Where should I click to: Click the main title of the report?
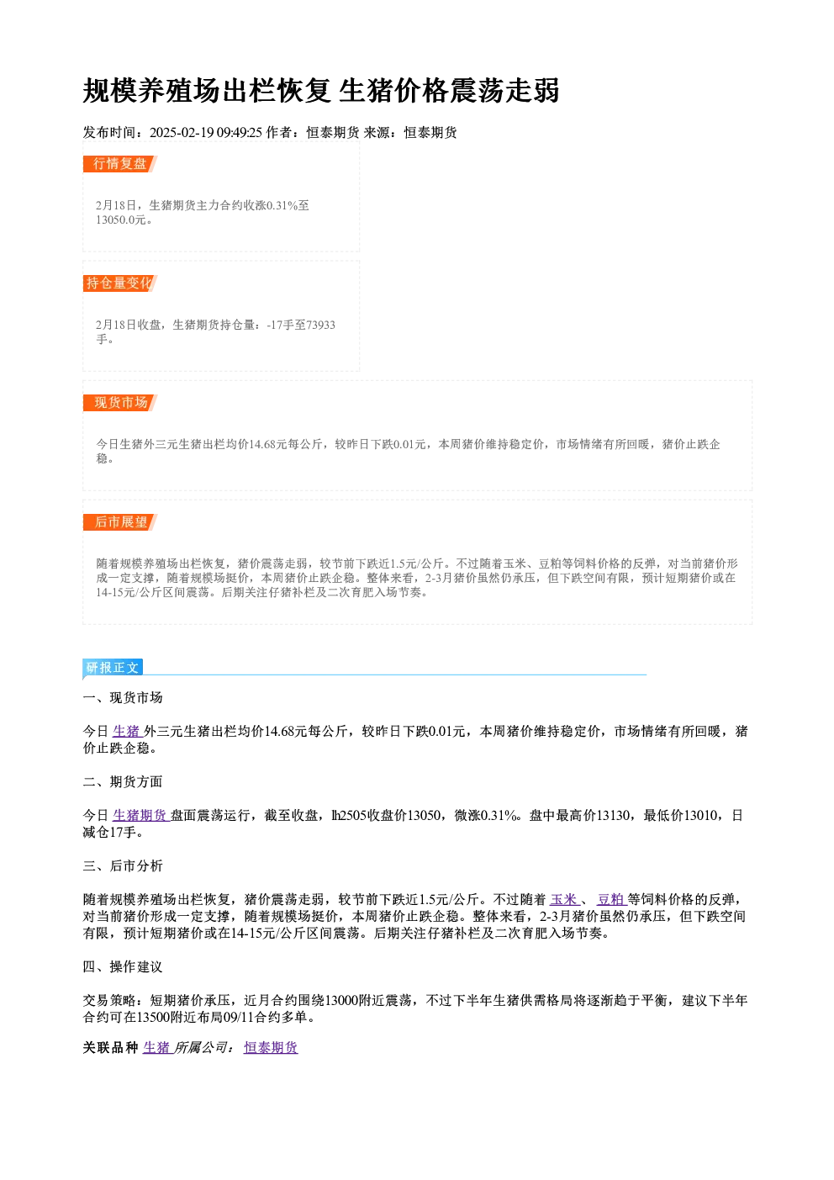pos(320,91)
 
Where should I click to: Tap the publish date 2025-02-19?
pos(182,132)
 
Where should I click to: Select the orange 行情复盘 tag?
pos(120,164)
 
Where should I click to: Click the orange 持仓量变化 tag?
pos(120,283)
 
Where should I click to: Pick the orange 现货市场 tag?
pos(120,403)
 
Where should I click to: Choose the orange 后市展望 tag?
pos(120,522)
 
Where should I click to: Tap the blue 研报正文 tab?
pos(113,668)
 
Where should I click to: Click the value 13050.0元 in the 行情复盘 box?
pos(121,220)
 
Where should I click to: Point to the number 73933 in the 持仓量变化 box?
pos(320,325)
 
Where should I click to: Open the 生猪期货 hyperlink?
pos(140,816)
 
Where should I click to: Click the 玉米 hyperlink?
pos(564,899)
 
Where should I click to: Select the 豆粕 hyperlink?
pos(610,899)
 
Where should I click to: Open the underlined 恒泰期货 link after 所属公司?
pos(271,1048)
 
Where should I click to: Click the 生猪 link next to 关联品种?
pos(156,1048)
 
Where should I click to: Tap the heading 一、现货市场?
pos(123,698)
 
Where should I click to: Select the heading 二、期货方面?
pos(123,781)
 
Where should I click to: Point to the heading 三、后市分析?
pos(123,866)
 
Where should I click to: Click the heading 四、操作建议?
pos(123,967)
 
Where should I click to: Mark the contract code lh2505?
pos(349,816)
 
